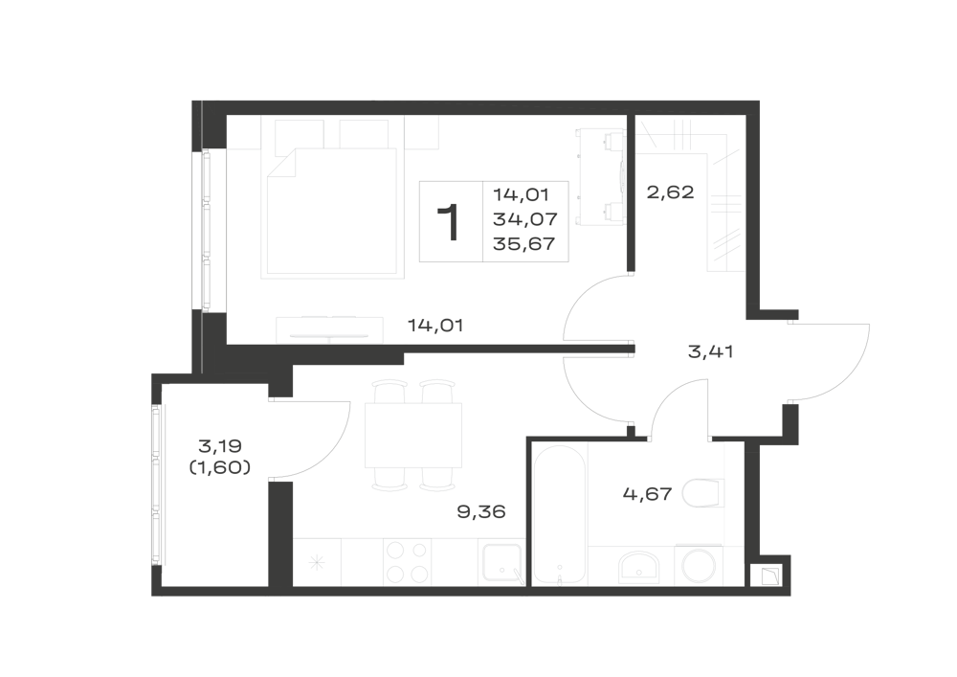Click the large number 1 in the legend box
tap(449, 223)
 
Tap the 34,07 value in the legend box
tap(525, 219)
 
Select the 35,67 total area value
tap(524, 243)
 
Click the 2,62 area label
tap(670, 192)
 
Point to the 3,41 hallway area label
tap(710, 351)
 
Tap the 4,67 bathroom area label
tap(647, 493)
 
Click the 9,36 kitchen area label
tap(481, 511)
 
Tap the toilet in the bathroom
tap(703, 493)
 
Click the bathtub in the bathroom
tap(560, 513)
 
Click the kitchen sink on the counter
tap(501, 563)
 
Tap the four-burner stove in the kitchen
tap(407, 562)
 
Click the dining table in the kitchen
tap(413, 436)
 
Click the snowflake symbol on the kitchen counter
tap(317, 563)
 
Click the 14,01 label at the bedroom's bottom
tap(435, 326)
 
